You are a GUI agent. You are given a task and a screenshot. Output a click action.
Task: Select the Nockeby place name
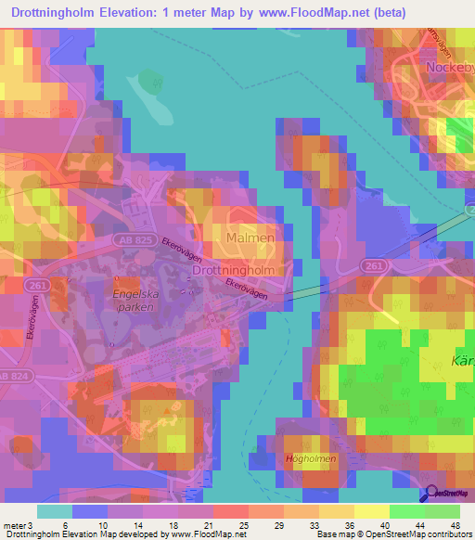pos(449,68)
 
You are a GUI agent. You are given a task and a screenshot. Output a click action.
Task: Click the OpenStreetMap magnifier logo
pos(428,496)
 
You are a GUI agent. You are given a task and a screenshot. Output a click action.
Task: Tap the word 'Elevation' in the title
pos(141,10)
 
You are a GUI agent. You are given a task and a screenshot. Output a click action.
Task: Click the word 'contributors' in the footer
pos(447,534)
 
